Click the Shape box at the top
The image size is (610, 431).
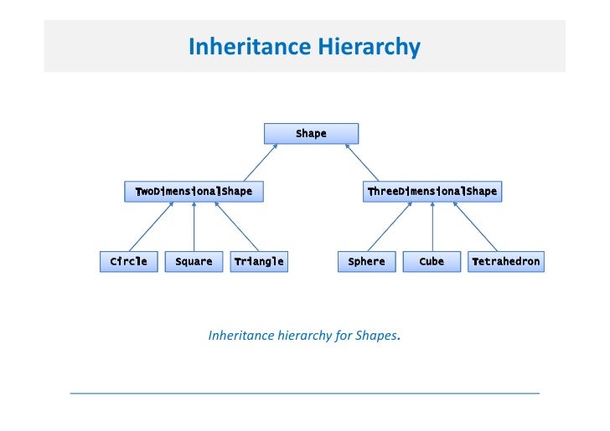[311, 134]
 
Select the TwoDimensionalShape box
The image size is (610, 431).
[194, 192]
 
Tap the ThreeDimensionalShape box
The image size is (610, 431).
[432, 192]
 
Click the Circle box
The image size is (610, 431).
[128, 262]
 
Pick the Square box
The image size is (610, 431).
[194, 262]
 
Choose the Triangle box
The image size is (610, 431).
[259, 262]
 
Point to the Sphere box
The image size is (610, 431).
[366, 262]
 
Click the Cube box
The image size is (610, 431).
[432, 262]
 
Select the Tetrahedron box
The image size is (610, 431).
[505, 262]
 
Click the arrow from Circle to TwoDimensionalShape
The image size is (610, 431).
[151, 227]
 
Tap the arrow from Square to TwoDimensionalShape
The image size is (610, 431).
[194, 227]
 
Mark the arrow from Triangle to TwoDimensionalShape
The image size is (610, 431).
[236, 227]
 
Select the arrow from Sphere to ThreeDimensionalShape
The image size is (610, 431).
[389, 227]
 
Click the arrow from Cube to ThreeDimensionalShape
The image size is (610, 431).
[432, 227]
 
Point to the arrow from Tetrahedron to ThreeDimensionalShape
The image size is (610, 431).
[474, 227]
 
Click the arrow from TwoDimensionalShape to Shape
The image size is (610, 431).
[260, 162]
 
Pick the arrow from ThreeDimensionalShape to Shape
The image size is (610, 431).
[362, 162]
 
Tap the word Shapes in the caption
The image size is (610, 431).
[377, 336]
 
